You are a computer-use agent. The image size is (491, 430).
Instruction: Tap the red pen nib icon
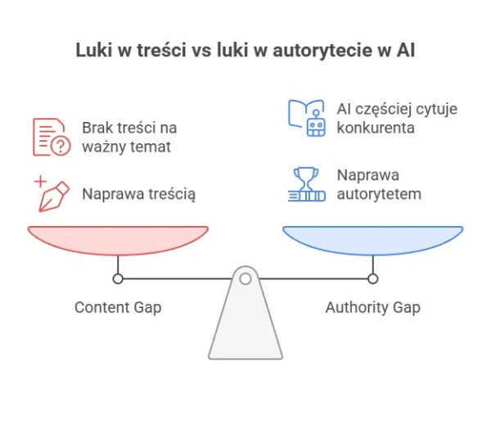(x=51, y=194)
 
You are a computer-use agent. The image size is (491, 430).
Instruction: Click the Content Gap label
(x=118, y=308)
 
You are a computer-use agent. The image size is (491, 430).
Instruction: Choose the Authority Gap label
(x=372, y=308)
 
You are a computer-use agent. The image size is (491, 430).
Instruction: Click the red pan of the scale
(x=118, y=239)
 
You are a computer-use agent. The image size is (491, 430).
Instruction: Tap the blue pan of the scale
(x=372, y=239)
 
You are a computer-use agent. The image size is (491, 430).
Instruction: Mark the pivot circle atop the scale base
(x=245, y=278)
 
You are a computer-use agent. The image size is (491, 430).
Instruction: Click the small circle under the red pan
(x=118, y=278)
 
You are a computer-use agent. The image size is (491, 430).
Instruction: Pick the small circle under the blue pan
(x=373, y=278)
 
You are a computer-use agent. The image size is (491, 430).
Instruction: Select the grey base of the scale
(x=245, y=328)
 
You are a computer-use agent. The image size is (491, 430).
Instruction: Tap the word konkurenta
(x=376, y=128)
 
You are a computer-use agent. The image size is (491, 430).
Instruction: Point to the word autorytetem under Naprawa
(x=379, y=194)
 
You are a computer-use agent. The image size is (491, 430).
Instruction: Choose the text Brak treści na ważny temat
(x=128, y=138)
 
